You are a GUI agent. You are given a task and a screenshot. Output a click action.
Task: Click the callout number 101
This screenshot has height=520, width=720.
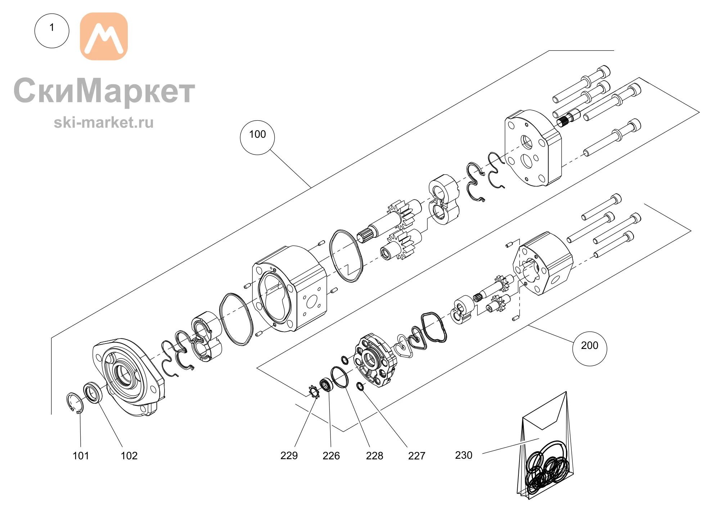[81, 456]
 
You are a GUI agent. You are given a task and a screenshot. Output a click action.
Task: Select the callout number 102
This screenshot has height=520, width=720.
[129, 456]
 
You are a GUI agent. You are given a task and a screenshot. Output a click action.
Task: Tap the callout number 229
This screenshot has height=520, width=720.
[289, 456]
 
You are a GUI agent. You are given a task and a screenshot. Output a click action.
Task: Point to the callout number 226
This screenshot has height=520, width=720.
[331, 456]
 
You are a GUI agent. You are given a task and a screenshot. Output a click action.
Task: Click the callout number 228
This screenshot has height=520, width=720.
[374, 456]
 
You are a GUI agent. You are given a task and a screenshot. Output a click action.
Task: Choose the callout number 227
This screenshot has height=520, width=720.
[417, 456]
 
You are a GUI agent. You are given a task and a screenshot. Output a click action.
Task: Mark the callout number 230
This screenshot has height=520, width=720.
[464, 455]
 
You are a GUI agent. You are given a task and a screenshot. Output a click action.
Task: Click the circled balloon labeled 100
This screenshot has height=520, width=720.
[257, 138]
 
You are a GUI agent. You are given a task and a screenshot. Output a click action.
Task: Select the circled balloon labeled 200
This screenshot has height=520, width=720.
[590, 349]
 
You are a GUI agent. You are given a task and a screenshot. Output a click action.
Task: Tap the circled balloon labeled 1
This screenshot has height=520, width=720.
[52, 31]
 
